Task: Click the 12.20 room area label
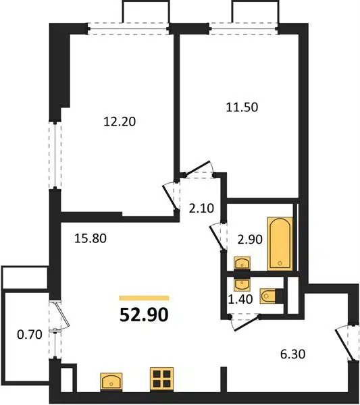120,122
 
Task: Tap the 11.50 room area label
242,107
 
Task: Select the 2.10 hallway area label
201,208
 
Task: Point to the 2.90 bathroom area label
250,240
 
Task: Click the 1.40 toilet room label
240,299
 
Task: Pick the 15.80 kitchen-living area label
91,238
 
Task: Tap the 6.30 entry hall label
293,354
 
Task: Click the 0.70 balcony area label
30,335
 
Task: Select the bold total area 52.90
144,315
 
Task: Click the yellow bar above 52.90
144,298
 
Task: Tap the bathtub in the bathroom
280,244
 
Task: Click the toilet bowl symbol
268,296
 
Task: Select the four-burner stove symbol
161,378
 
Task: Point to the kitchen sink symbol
111,381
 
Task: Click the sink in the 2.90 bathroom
242,263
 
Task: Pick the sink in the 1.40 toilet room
242,283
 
